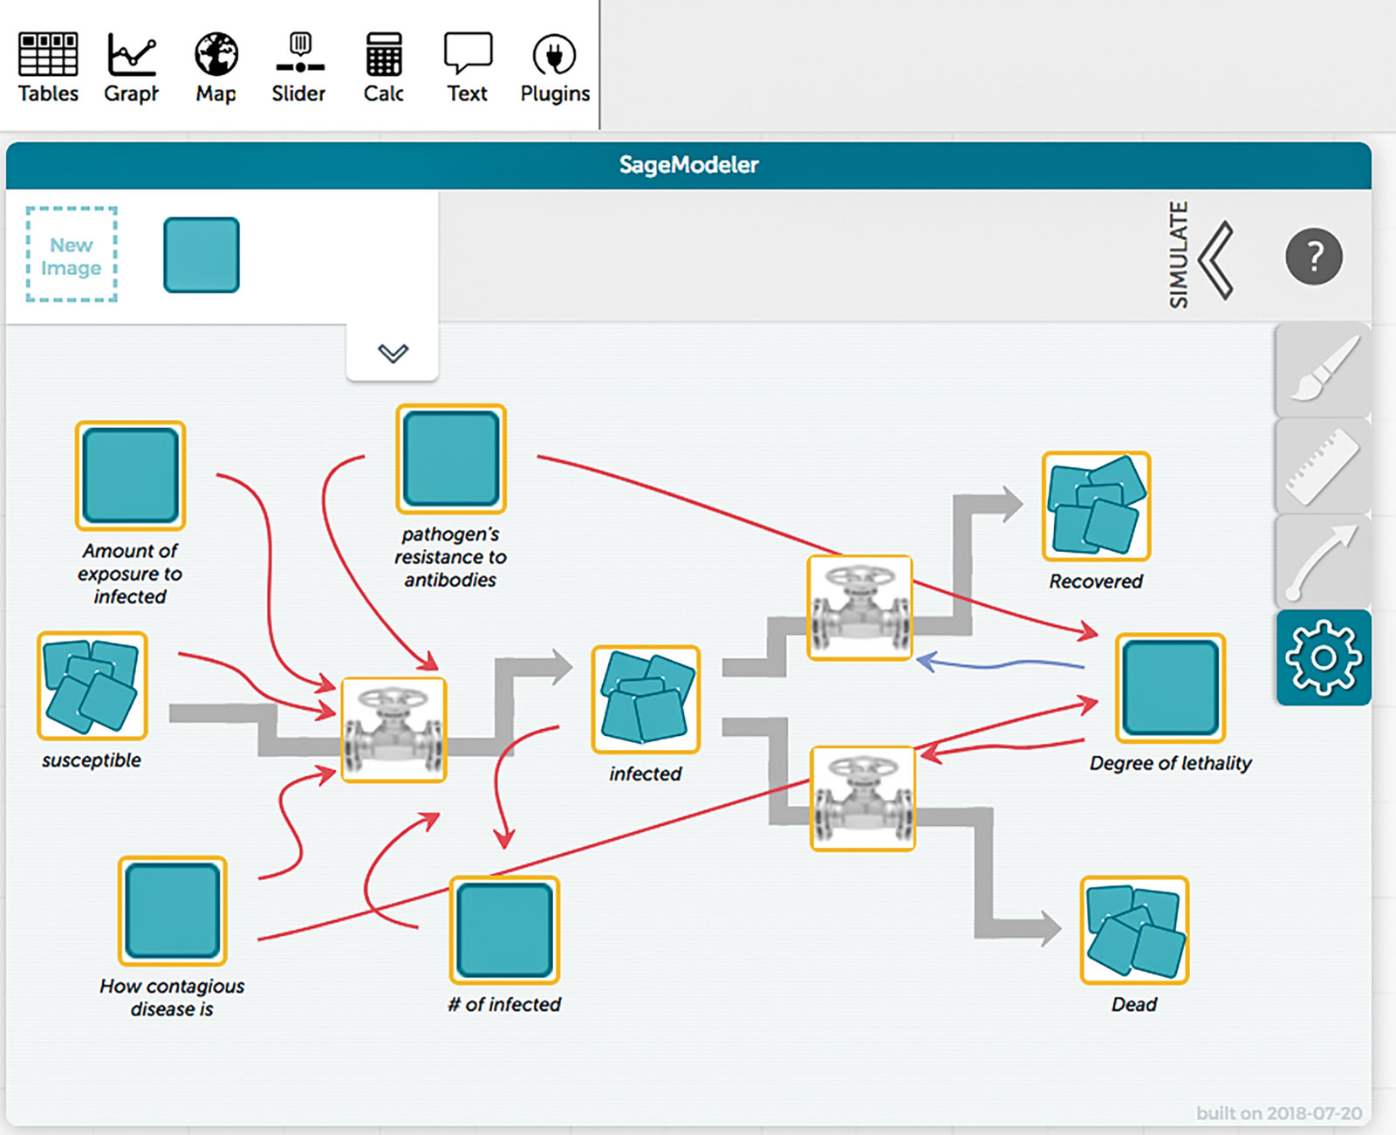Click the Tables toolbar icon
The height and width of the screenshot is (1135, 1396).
(x=48, y=54)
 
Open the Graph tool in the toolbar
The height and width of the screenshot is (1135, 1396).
(x=132, y=54)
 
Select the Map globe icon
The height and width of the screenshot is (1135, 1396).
(x=216, y=54)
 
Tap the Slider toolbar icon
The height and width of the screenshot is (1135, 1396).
(x=299, y=52)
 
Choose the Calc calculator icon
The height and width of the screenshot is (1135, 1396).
(x=383, y=54)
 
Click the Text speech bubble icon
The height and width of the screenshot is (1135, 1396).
(x=468, y=52)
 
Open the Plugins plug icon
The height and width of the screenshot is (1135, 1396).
(x=554, y=54)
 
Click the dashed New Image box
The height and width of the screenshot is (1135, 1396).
(x=72, y=254)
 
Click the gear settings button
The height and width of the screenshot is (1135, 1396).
(x=1324, y=657)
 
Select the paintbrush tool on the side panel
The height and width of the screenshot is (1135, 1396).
(x=1324, y=369)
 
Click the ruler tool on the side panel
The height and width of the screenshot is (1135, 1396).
(x=1324, y=465)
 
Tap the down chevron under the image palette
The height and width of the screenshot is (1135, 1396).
(x=393, y=353)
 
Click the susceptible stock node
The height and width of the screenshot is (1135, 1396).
(x=92, y=685)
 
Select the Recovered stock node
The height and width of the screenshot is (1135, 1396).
(x=1097, y=506)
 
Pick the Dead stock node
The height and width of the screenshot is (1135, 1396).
(x=1134, y=930)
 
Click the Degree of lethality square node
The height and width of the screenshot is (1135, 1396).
(x=1171, y=687)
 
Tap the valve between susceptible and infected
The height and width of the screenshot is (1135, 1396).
(x=393, y=730)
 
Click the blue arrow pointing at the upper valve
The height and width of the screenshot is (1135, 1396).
(x=1000, y=663)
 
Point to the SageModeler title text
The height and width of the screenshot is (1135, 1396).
(x=688, y=165)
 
